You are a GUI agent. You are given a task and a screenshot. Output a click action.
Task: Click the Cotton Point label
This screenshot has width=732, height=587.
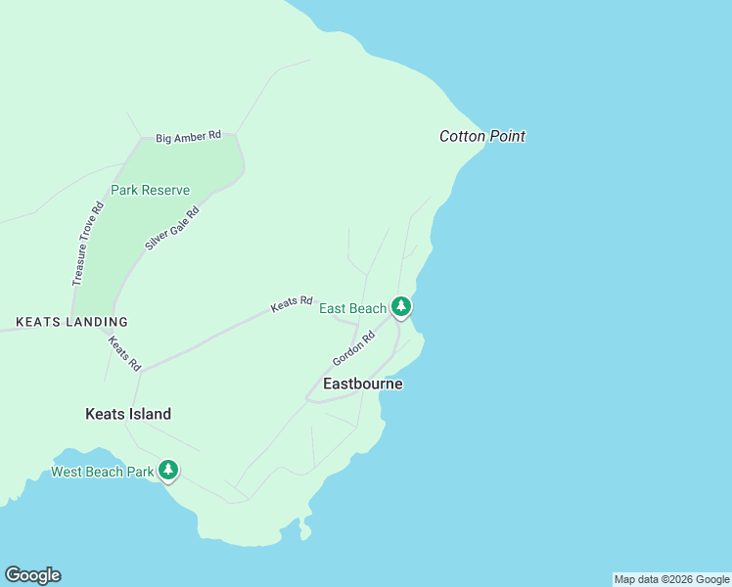[x=482, y=137]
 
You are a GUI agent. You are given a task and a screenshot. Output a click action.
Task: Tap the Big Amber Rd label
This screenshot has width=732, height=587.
[x=189, y=137]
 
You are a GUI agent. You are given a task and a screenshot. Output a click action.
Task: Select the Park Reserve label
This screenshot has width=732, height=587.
[x=150, y=190]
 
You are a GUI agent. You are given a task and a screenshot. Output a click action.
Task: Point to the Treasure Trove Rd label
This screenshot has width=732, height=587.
[x=87, y=244]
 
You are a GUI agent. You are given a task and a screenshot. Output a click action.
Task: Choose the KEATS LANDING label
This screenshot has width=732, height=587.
[x=71, y=322]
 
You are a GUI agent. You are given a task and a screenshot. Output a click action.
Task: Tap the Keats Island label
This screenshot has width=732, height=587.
[x=128, y=414]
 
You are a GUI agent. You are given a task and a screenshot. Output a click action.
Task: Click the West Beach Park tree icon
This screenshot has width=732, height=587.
[x=168, y=471]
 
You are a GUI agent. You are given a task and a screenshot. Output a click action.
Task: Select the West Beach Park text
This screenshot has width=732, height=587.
[x=102, y=472]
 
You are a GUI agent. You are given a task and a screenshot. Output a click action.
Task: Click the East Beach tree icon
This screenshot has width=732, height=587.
[x=400, y=306]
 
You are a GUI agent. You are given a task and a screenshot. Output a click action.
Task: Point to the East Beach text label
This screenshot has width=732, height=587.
[x=353, y=309]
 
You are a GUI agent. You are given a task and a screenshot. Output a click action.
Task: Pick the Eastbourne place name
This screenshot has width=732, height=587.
[x=363, y=384]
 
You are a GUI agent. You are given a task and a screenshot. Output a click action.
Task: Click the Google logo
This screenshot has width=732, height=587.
[x=32, y=575]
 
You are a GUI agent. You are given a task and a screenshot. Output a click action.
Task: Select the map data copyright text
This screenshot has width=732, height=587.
[x=671, y=579]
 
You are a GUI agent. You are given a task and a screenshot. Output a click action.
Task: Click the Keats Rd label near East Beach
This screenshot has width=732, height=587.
[x=292, y=304]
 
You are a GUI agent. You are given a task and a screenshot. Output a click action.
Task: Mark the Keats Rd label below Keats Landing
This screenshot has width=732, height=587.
[x=124, y=353]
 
